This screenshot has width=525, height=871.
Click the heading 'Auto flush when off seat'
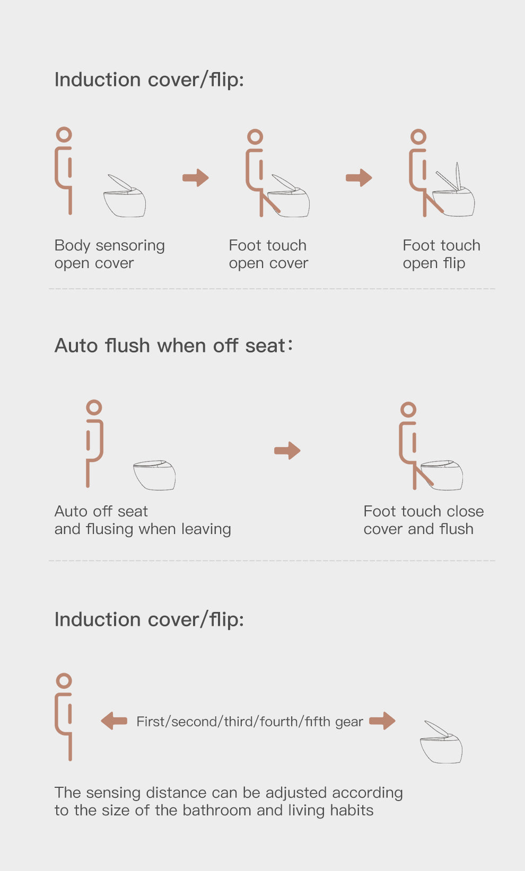tap(173, 345)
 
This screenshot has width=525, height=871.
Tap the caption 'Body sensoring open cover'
tap(109, 254)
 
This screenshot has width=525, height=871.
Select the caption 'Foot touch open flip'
tap(441, 254)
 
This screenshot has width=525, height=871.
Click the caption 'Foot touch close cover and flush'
tap(423, 520)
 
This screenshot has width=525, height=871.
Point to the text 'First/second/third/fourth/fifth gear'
tap(249, 722)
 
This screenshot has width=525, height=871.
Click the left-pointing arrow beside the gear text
tap(114, 721)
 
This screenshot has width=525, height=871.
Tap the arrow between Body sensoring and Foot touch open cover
tap(196, 177)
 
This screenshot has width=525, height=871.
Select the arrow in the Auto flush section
tap(287, 451)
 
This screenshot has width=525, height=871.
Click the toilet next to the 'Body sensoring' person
tap(125, 196)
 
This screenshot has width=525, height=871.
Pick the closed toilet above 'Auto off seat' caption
tap(154, 475)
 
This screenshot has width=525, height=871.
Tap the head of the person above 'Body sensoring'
tap(64, 135)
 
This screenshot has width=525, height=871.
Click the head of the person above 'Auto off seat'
tap(94, 407)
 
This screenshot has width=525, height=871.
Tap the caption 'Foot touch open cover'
tap(268, 254)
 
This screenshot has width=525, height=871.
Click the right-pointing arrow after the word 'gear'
tap(382, 721)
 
